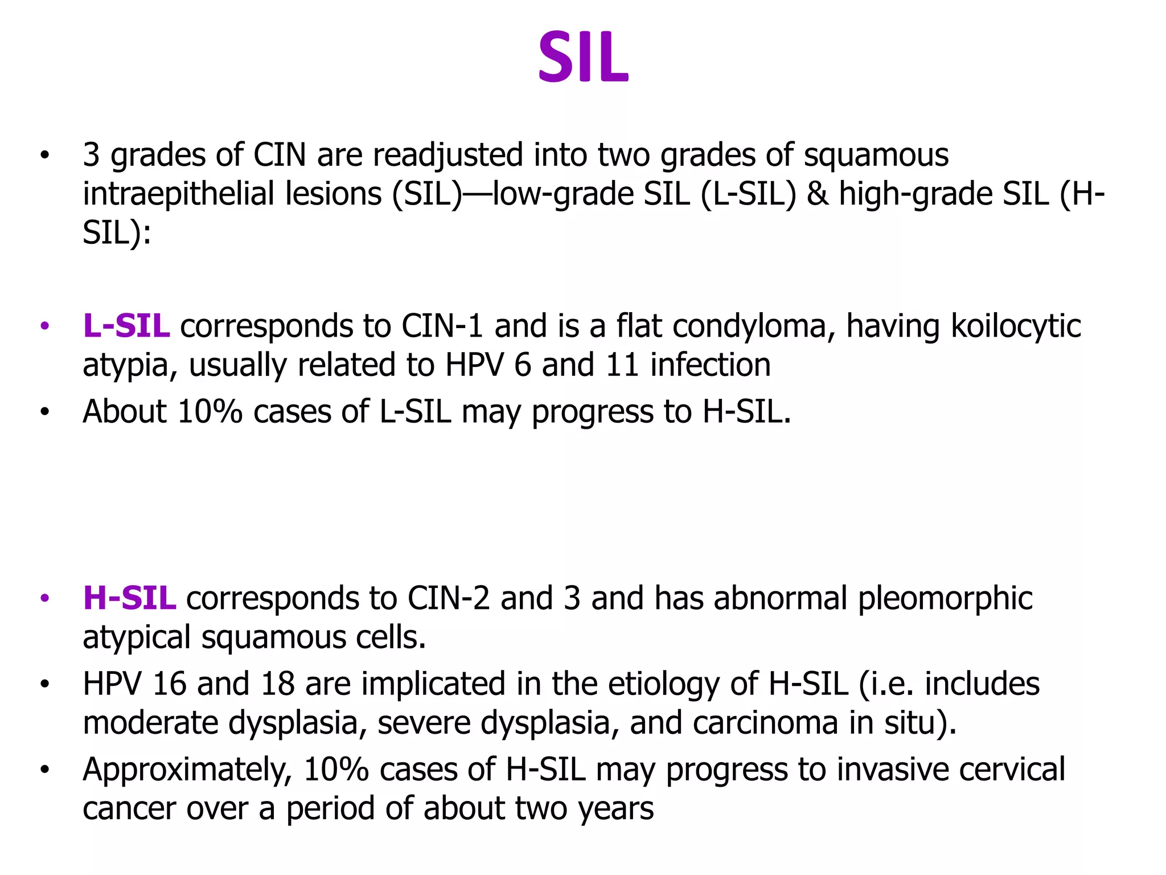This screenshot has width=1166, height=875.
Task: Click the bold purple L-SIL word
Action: pos(126,326)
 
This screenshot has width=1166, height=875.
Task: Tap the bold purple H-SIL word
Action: pos(129,599)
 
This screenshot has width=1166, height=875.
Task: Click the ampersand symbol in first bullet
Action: pos(818,194)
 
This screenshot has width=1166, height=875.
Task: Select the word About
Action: pos(125,411)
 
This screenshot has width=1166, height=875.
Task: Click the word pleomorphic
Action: pos(945,599)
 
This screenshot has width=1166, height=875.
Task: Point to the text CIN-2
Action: pos(448,599)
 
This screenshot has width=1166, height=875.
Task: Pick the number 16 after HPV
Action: pos(169,684)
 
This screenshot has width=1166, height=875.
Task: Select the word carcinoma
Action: pos(765,723)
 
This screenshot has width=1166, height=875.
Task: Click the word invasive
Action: pos(893,770)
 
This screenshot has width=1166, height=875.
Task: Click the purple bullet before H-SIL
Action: pos(45,599)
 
